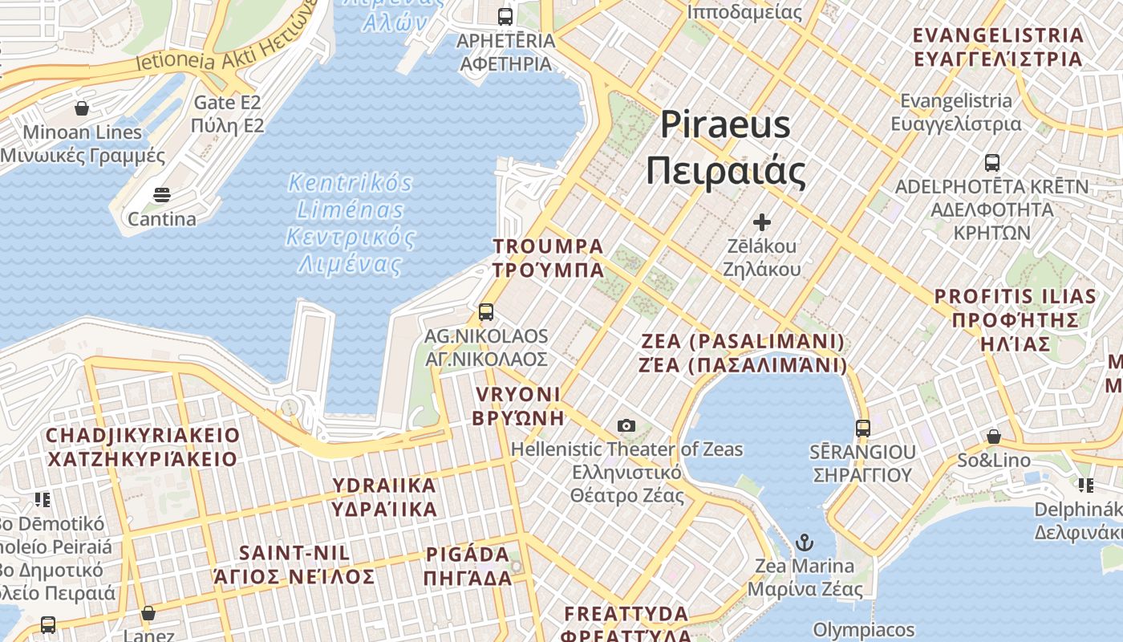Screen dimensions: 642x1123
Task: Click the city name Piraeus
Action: coord(726,125)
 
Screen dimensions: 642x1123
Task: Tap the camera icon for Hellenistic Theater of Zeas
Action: coord(626,425)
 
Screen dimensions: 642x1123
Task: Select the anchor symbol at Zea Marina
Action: coord(805,542)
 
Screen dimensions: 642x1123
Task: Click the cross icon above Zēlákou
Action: coord(762,221)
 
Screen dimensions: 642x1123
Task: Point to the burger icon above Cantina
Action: coord(162,195)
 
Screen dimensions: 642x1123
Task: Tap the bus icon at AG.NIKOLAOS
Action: coord(486,312)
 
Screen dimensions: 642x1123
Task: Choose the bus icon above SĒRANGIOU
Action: coord(863,428)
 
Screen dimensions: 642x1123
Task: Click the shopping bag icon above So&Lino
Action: coord(994,437)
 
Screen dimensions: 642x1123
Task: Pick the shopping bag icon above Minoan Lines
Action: coord(82,108)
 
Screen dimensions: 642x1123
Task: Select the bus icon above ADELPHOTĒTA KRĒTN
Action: coord(992,163)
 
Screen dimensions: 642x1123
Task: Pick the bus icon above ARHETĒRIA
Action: coord(505,16)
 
